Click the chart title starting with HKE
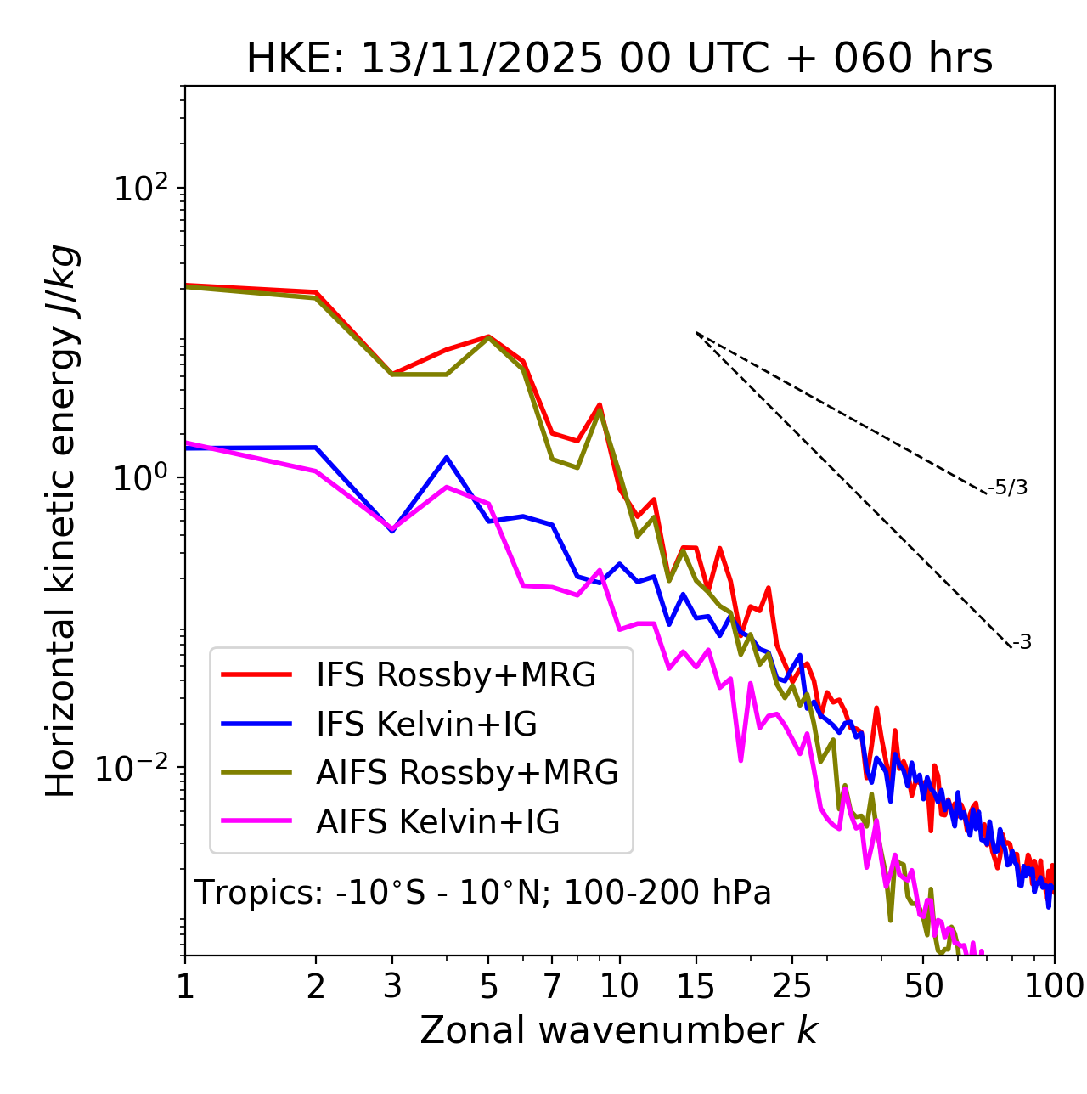[x=619, y=59]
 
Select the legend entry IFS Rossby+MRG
[x=456, y=675]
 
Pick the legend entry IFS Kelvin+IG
[x=426, y=725]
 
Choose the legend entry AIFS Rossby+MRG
[x=467, y=773]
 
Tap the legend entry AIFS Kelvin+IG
[x=437, y=822]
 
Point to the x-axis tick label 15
[x=696, y=987]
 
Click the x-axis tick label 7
[x=552, y=987]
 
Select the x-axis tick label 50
[x=923, y=987]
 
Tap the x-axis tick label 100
[x=1053, y=987]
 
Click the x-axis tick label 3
[x=391, y=987]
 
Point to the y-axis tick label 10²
[x=140, y=189]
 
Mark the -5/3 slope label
[x=1008, y=488]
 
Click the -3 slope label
[x=1022, y=643]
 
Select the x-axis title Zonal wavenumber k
[x=619, y=1031]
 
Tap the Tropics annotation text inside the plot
[x=483, y=894]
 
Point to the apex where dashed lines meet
[x=696, y=333]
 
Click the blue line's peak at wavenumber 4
[x=446, y=458]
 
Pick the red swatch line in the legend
[x=256, y=675]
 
